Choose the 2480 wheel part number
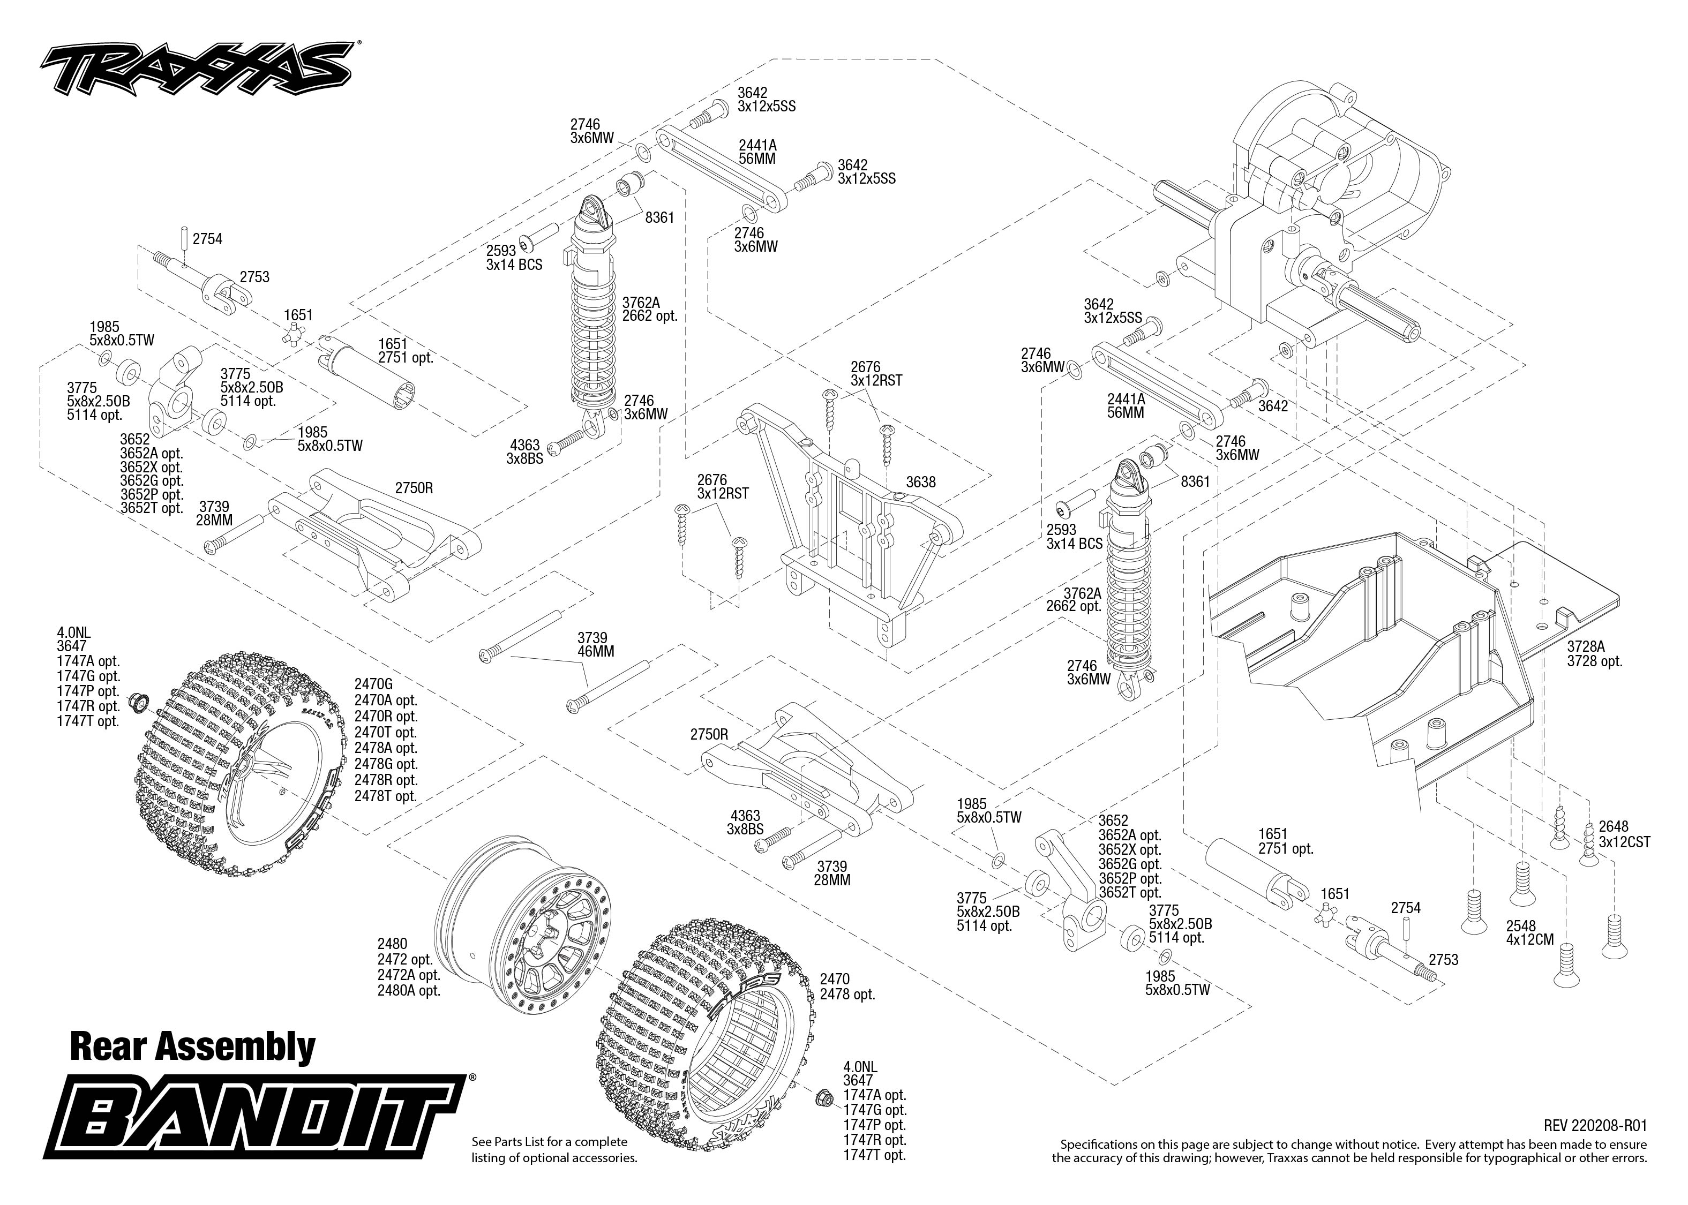point(393,944)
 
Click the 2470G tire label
point(374,684)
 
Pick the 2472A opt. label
point(408,975)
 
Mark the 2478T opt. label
point(386,796)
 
